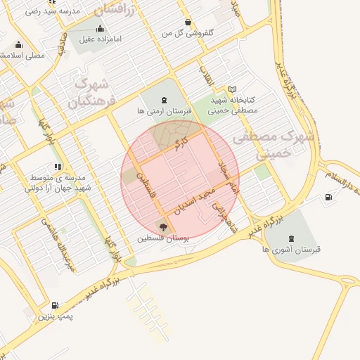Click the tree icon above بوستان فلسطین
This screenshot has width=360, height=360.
(163, 226)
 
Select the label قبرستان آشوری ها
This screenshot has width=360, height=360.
(291, 250)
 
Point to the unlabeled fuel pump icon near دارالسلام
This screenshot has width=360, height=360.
(328, 198)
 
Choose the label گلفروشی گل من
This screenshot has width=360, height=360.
(188, 33)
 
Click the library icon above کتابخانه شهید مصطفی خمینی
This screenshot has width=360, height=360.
(233, 89)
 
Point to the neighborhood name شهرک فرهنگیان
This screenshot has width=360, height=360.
(89, 92)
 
